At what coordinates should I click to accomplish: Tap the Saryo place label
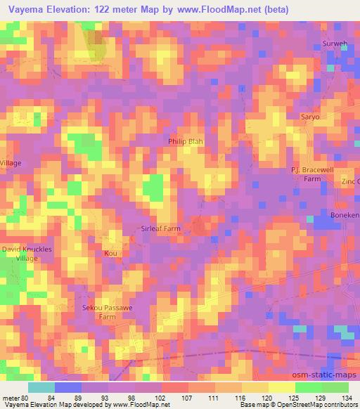pos(310,116)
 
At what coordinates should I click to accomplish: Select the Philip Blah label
pos(185,141)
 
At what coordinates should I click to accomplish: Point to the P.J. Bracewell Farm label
pos(311,174)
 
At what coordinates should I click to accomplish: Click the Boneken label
pos(345,214)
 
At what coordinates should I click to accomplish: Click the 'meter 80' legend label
pos(13,397)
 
